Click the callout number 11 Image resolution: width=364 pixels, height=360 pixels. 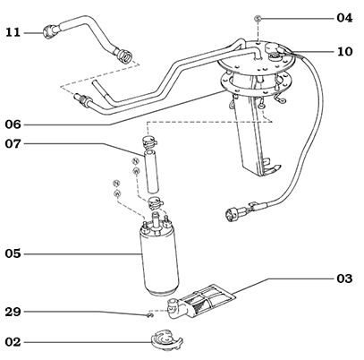coord(13,33)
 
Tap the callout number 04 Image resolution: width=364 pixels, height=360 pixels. coord(344,18)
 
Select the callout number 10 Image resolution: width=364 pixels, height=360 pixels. coord(344,52)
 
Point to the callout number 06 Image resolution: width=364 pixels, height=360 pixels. coord(13,124)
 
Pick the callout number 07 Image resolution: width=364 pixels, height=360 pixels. coord(13,144)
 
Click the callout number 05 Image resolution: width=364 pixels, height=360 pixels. coord(13,253)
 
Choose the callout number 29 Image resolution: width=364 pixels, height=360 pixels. coord(13,312)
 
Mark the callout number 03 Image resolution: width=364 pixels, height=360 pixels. coord(344,279)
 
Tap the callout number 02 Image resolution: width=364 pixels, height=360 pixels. coord(13,341)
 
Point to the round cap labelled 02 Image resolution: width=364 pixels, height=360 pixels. coord(163,341)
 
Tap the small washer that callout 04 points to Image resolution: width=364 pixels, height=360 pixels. coord(257,18)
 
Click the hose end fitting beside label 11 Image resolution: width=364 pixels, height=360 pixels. coord(50,33)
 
